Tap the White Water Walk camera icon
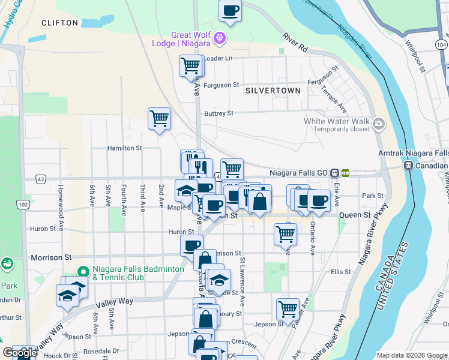pos(379,125)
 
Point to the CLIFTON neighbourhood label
pos(59,23)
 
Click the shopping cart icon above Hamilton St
pos(159,118)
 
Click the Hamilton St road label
pos(124,148)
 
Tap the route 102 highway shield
pos(23,205)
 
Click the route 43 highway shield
pos(40,179)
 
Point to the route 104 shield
pos(441,45)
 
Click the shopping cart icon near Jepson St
pos(288,308)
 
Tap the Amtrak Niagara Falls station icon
pos(409,165)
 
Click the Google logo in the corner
pos(19,353)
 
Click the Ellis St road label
pos(340,272)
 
